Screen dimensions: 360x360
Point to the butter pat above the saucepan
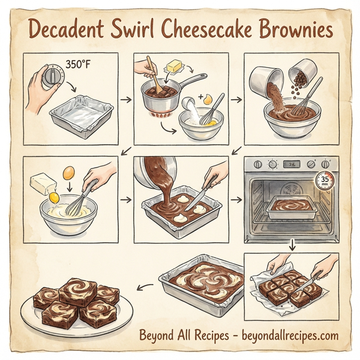click(x=176, y=64)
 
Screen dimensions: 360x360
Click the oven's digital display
click(x=292, y=164)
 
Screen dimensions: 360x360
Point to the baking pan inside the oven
click(x=294, y=207)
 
